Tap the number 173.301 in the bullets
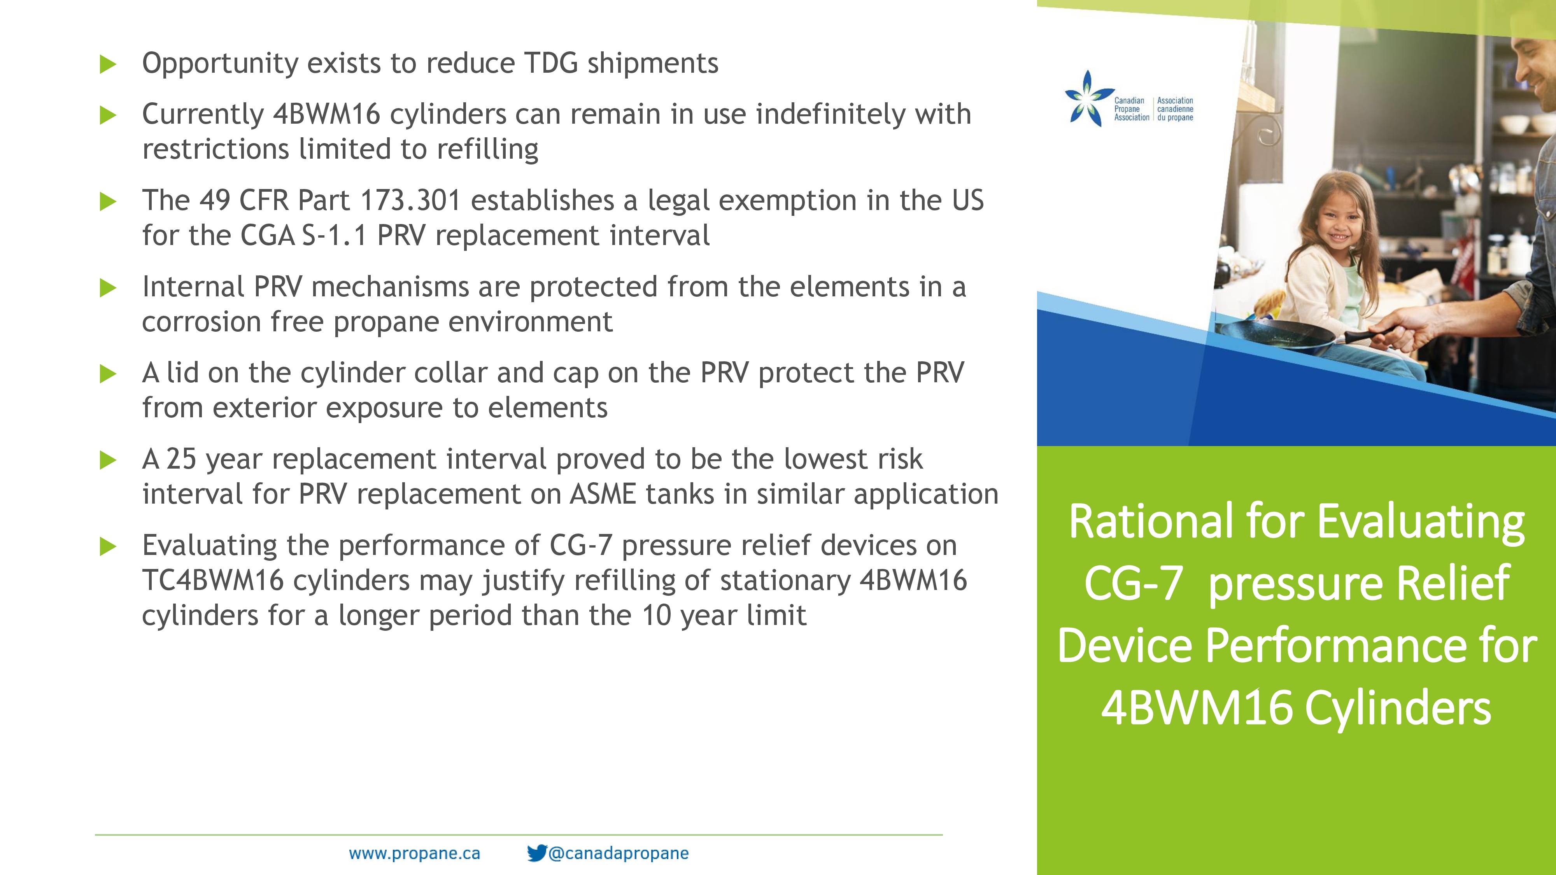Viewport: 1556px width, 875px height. tap(410, 201)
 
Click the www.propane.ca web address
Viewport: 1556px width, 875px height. tap(414, 853)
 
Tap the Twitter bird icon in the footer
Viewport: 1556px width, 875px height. tap(536, 853)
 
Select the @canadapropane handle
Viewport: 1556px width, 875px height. tap(619, 853)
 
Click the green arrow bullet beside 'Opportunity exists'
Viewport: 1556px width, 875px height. tap(107, 64)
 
